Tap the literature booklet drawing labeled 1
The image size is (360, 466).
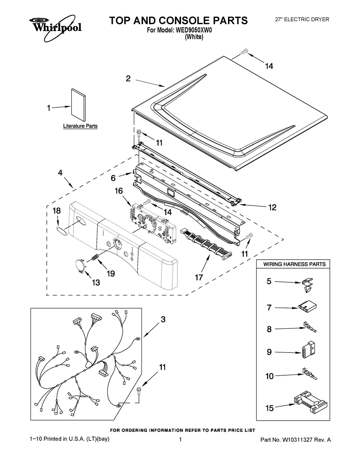[x=78, y=105]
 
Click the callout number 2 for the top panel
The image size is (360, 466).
[x=128, y=79]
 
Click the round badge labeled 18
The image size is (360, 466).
[x=61, y=231]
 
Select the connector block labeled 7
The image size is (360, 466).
[x=307, y=308]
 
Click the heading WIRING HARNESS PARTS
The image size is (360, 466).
[x=294, y=264]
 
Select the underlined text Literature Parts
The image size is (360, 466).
[x=80, y=126]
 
